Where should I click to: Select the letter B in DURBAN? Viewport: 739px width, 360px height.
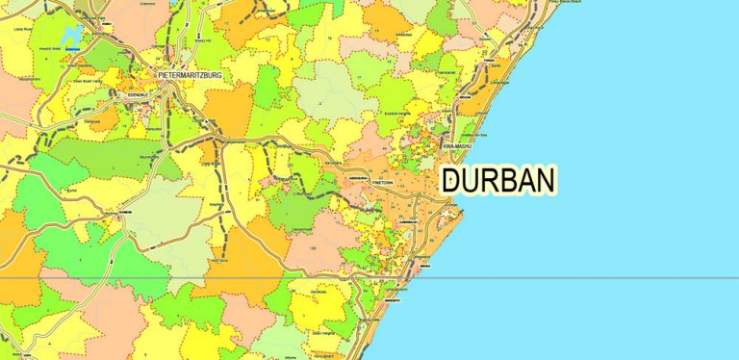(506, 180)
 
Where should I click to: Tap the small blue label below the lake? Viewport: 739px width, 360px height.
(73, 54)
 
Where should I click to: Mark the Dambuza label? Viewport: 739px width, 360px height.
(91, 121)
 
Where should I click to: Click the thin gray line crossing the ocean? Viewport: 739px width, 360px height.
(597, 278)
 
